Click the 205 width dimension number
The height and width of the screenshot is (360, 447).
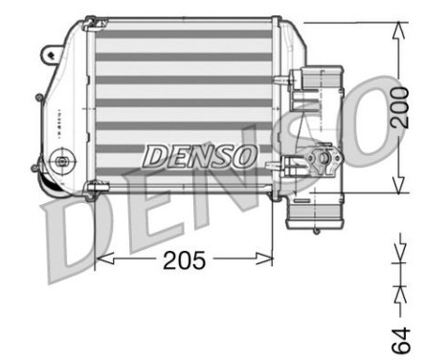tap(184, 260)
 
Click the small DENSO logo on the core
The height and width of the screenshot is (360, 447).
tap(200, 154)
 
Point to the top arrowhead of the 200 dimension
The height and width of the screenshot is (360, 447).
tap(396, 27)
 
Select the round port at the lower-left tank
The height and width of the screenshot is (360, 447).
tap(64, 160)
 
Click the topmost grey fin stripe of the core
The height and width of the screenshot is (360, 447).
tap(183, 34)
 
